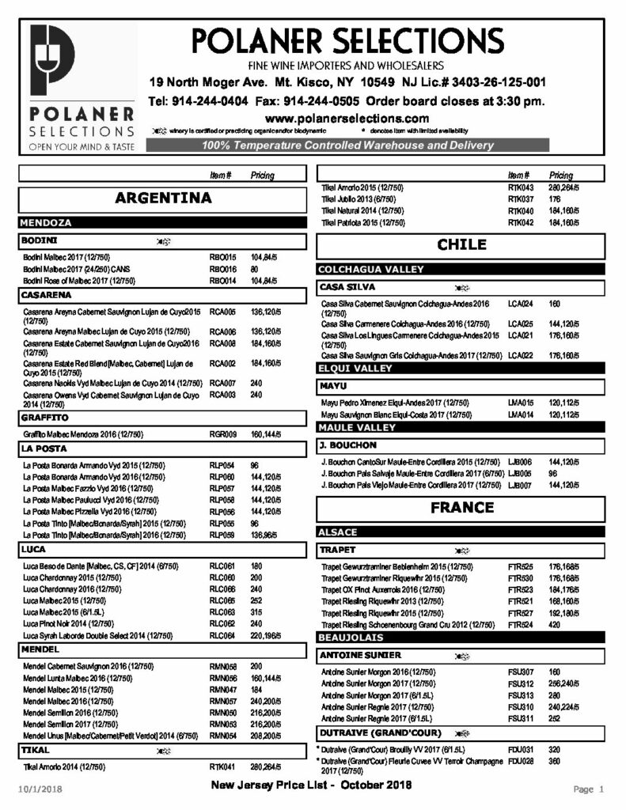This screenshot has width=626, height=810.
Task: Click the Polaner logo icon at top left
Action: [x=52, y=66]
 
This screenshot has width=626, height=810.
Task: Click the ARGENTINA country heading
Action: [x=162, y=197]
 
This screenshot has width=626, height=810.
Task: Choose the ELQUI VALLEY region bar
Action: [x=355, y=368]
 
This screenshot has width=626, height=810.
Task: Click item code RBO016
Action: [x=222, y=269]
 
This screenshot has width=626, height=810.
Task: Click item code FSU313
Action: [x=521, y=695]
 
